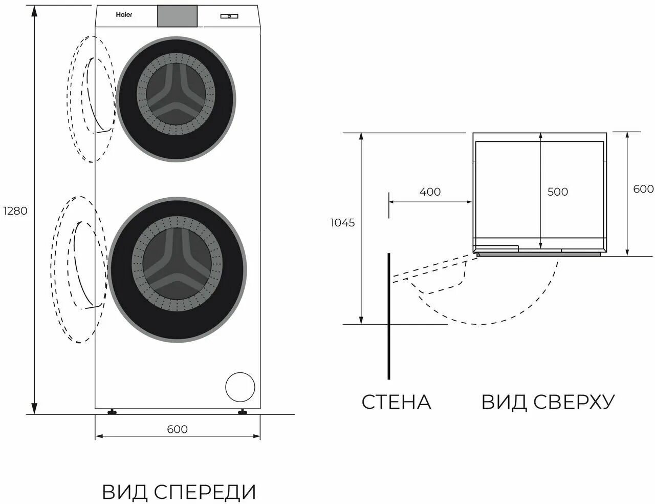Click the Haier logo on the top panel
123,15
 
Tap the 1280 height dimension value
14,211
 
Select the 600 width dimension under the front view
177,429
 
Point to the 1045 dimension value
342,223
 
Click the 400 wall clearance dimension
430,192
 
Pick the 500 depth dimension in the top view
557,192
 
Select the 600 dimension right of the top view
643,188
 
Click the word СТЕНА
396,402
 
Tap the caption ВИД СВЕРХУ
548,402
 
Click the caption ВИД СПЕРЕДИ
179,492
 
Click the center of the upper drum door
177,99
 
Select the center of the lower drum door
177,269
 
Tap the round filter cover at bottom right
240,387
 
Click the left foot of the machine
111,411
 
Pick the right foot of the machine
243,411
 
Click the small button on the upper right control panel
229,16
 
